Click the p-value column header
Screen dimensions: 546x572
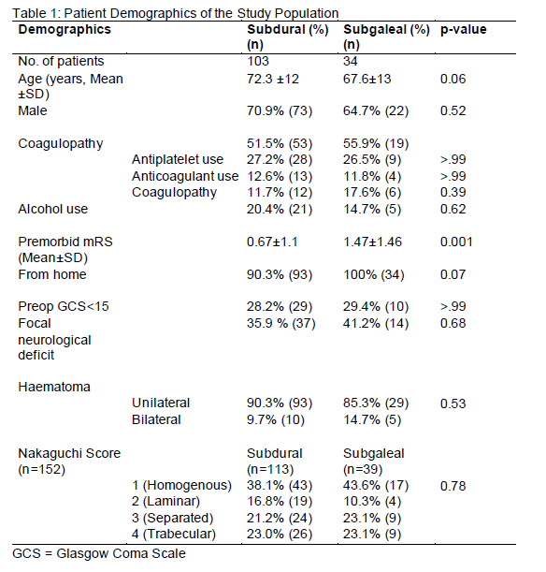(464, 30)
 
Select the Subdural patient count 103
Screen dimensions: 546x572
(258, 61)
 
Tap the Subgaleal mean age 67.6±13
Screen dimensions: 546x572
(366, 79)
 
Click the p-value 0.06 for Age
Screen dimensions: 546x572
(453, 79)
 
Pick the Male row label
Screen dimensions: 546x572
(33, 110)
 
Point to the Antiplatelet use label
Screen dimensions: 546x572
(178, 159)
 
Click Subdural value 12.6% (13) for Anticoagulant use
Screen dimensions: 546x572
(280, 176)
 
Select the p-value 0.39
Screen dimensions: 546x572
(453, 192)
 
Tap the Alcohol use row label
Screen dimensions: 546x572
(53, 209)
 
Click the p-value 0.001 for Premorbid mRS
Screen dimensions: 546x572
(456, 242)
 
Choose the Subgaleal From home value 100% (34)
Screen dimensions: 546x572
(374, 274)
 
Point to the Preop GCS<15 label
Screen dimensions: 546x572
(64, 306)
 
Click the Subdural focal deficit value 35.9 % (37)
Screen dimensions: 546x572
(280, 323)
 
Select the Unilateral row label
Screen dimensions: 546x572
(161, 403)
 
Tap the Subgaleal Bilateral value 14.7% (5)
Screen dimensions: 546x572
(372, 420)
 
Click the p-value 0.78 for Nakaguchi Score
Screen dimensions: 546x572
(453, 486)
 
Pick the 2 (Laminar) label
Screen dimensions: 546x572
(165, 502)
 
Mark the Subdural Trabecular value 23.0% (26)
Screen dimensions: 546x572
(280, 534)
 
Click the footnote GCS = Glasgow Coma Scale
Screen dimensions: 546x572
(99, 554)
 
